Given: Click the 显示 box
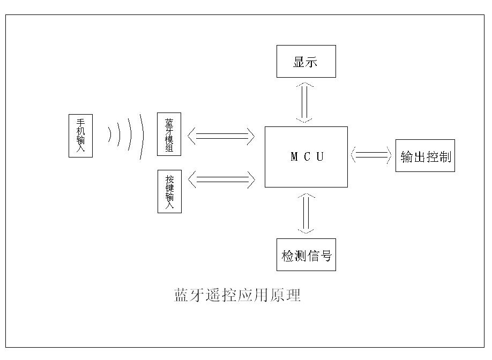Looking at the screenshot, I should coord(306,62).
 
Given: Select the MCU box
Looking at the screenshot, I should coord(306,157).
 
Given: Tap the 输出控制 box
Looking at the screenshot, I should coord(425,156).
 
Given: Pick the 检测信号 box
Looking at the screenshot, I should coord(306,255).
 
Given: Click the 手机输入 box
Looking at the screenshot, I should coord(80,136).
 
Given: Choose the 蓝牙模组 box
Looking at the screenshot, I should coord(169,134).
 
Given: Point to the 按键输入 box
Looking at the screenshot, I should coord(169,191).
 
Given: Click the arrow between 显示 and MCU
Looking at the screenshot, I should coord(305,102).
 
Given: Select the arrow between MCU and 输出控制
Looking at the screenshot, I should coord(371,155).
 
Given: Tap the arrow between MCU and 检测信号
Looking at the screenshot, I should coord(305,213).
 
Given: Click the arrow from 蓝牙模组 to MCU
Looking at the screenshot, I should coord(221,136).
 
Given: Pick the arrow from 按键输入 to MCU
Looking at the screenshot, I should coord(221,179).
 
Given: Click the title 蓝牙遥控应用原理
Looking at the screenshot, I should coord(237,295).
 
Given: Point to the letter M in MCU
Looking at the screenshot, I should coord(294,157).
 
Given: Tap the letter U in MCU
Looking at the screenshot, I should coord(320,157).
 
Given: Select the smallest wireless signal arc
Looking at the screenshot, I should coord(110,136).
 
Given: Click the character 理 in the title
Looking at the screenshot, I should coord(294,295).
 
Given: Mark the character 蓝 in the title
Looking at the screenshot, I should coord(181,295).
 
